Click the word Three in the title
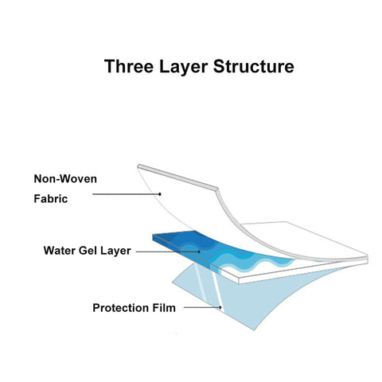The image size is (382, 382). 129,66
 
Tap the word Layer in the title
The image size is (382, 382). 183,67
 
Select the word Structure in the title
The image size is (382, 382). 254,66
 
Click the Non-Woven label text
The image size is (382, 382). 65,179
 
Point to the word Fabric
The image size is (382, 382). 51,199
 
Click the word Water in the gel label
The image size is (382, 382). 60,251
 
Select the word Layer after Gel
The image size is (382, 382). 115,251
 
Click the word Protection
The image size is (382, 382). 121,308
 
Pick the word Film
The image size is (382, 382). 164,308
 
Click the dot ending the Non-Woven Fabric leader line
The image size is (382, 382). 160,194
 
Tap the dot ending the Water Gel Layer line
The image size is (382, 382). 199,251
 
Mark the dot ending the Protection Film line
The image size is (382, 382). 220,307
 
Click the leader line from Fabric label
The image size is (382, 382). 126,194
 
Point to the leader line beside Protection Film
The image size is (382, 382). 202,307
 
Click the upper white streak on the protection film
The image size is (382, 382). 200,281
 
